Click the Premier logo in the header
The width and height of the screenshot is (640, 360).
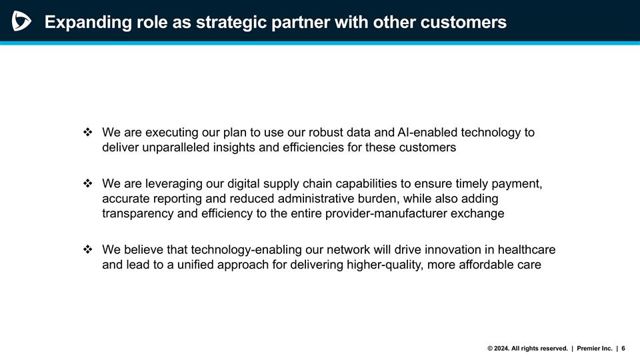(x=21, y=22)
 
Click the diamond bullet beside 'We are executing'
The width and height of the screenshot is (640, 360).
(x=87, y=133)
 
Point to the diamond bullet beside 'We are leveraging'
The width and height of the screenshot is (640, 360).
(x=87, y=183)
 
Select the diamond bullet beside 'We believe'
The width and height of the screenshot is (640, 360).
(x=87, y=249)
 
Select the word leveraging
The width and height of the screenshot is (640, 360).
(x=173, y=183)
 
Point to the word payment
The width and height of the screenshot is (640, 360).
(x=517, y=183)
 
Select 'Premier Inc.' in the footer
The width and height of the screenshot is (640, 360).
(x=594, y=348)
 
